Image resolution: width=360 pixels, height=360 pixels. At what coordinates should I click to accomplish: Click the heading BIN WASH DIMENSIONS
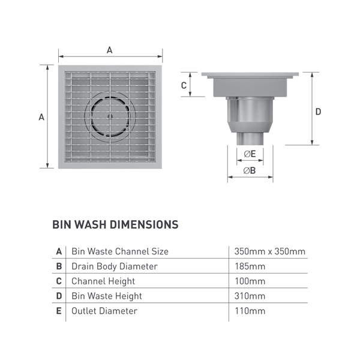[115, 224]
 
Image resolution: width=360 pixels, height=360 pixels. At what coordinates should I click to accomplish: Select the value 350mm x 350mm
[270, 251]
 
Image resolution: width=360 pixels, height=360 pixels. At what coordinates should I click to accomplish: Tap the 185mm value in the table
[250, 266]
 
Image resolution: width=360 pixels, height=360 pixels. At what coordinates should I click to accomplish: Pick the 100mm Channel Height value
[250, 281]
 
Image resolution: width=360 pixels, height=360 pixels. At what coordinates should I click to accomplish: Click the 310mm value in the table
[250, 296]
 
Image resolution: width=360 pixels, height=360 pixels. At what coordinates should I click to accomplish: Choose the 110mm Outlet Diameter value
[250, 311]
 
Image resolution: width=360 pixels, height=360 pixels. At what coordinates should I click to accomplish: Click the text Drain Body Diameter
[115, 266]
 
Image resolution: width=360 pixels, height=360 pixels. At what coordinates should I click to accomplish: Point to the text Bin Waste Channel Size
[120, 251]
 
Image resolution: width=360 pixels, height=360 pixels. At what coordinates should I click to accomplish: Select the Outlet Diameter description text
[104, 311]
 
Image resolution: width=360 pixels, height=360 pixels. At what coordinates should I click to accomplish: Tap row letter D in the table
[59, 296]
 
